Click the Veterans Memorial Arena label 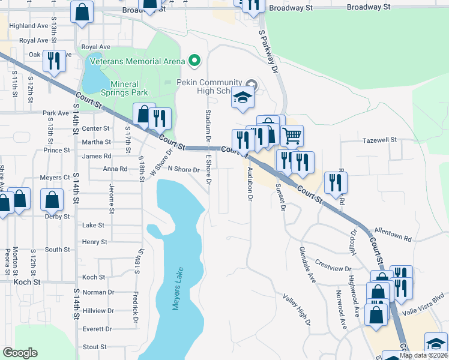pyautogui.click(x=137, y=61)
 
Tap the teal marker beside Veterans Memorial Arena pyautogui.click(x=194, y=61)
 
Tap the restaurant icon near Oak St pyautogui.click(x=54, y=61)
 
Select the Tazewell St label pyautogui.click(x=379, y=139)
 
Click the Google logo pyautogui.click(x=20, y=353)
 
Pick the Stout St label pyautogui.click(x=94, y=347)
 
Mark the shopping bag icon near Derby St pyautogui.click(x=52, y=200)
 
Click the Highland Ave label pyautogui.click(x=29, y=26)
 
